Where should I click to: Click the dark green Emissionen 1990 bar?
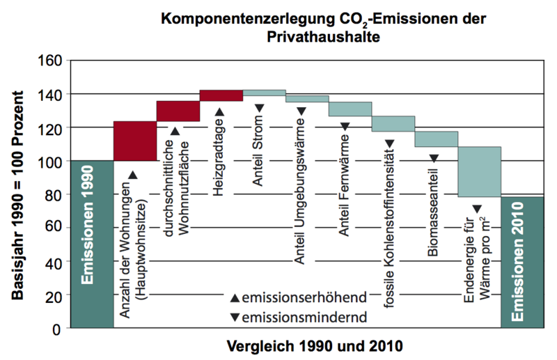click(x=91, y=244)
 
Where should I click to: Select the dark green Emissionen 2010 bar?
click(x=522, y=262)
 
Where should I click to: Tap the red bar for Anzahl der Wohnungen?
click(x=134, y=141)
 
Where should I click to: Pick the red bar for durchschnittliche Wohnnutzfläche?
click(x=178, y=111)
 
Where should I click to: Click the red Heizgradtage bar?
click(x=221, y=95)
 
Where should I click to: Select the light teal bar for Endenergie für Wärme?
click(x=479, y=171)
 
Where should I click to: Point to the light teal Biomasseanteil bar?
click(x=437, y=139)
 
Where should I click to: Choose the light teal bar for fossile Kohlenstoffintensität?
click(x=393, y=123)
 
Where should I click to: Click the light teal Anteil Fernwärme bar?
click(x=350, y=109)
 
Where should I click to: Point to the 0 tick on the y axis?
click(x=58, y=328)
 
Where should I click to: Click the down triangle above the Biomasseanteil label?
click(x=434, y=158)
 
